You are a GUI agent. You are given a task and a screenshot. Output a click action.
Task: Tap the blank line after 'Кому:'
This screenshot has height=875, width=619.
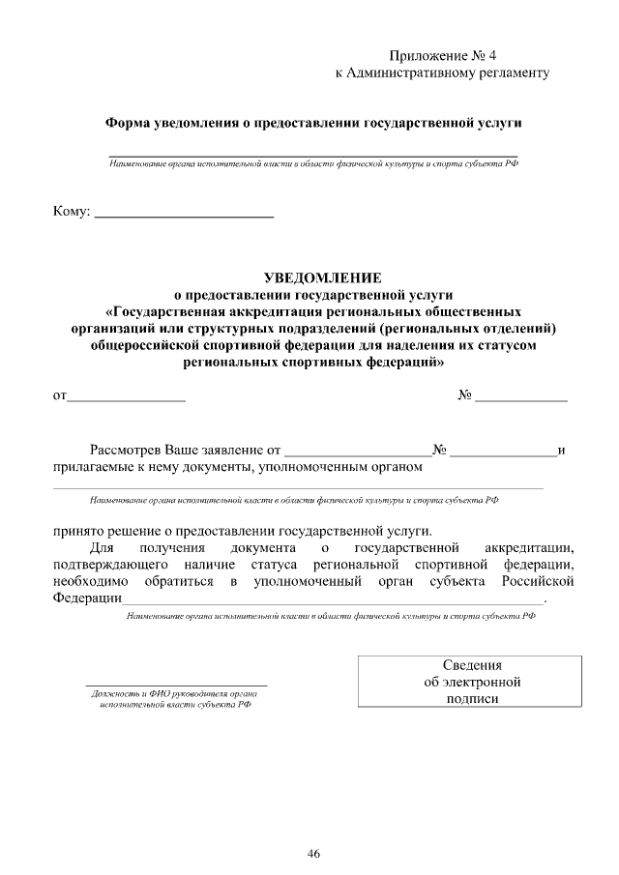coord(184,213)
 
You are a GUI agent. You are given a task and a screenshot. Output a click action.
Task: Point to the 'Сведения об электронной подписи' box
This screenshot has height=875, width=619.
coord(472,682)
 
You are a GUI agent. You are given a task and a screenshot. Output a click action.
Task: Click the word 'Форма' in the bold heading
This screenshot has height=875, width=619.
coord(127,125)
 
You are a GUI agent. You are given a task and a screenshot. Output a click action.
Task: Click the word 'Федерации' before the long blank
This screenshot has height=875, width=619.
coord(87,598)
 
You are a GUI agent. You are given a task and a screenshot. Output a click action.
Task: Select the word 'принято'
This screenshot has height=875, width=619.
coord(77,531)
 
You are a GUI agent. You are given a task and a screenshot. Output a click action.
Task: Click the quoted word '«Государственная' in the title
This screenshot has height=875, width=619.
coord(162,312)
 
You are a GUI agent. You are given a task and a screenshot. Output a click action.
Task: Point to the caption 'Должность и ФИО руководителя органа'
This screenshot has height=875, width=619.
coord(174,694)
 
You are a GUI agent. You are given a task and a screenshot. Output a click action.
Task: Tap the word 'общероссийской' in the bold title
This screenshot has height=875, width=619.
coord(143,345)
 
